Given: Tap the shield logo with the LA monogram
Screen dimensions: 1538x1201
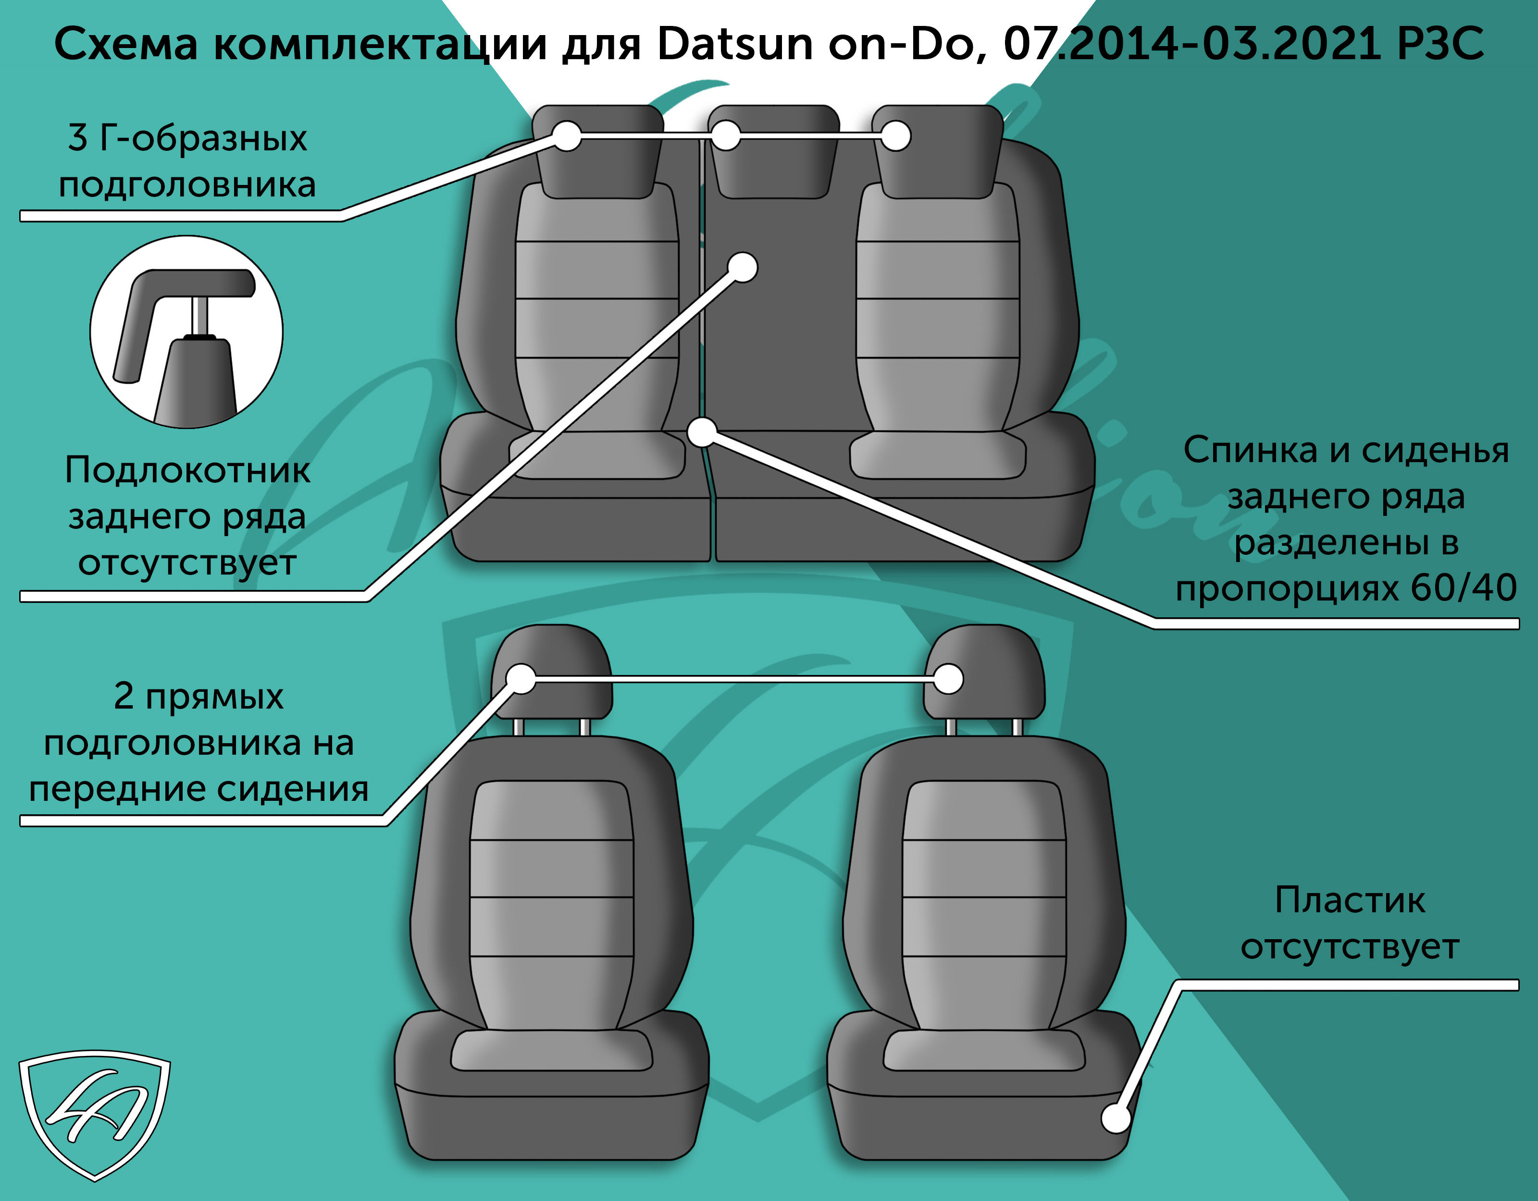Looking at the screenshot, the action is [94, 1114].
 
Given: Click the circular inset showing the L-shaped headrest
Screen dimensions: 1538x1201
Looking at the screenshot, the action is [186, 331].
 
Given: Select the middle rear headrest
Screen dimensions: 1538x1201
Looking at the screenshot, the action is [774, 151].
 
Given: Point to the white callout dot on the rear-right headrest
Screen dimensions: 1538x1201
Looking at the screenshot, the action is [896, 136].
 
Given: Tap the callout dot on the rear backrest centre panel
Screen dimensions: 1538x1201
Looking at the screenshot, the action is [742, 268].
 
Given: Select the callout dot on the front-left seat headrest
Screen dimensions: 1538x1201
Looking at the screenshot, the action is [521, 679].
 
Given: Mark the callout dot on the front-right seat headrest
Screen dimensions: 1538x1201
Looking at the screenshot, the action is [949, 679].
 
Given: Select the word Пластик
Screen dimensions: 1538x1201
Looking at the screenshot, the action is [1350, 900].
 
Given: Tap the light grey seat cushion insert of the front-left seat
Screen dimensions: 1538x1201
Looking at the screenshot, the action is [551, 1051].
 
